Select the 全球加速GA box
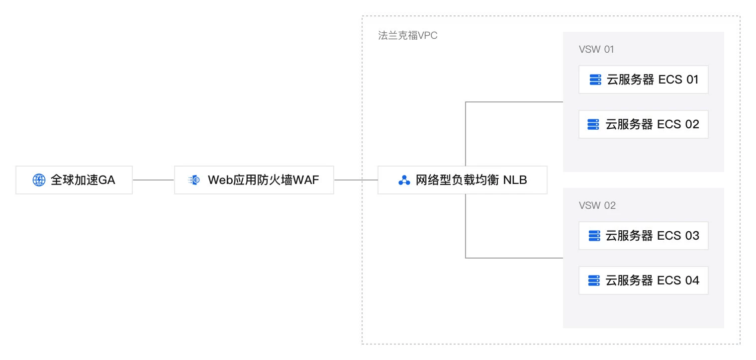[74, 180]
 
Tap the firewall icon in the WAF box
[194, 180]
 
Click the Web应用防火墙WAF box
[254, 180]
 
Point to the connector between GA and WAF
[153, 180]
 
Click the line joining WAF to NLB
[356, 180]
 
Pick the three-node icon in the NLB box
[404, 180]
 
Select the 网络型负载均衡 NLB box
[463, 180]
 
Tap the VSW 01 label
[596, 50]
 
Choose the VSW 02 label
[597, 205]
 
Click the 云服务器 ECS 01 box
[643, 80]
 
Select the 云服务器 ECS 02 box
[643, 124]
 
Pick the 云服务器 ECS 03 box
[643, 236]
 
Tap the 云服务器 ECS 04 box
[643, 280]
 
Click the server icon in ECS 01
[595, 80]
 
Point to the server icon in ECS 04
[593, 280]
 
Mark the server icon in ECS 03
[593, 236]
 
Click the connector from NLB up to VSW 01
[466, 129]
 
